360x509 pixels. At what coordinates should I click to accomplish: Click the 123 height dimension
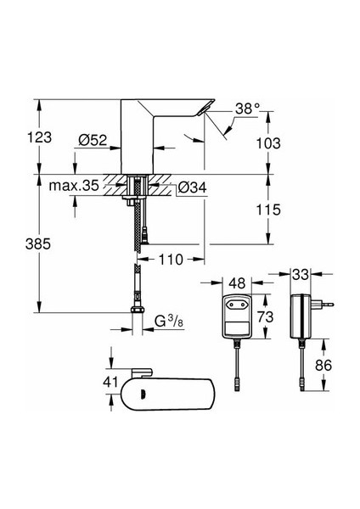pyautogui.click(x=39, y=137)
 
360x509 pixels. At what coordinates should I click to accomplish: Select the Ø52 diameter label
pyautogui.click(x=93, y=140)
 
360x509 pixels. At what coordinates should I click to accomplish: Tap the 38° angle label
pyautogui.click(x=248, y=109)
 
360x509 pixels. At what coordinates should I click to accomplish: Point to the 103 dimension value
pyautogui.click(x=268, y=143)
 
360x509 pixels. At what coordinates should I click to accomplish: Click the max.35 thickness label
pyautogui.click(x=74, y=186)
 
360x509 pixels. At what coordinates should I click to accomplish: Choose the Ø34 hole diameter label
pyautogui.click(x=193, y=187)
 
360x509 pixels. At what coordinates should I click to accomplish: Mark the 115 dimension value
pyautogui.click(x=268, y=210)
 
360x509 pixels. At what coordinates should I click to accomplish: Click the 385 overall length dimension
pyautogui.click(x=38, y=243)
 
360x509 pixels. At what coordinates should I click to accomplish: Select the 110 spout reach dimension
pyautogui.click(x=171, y=260)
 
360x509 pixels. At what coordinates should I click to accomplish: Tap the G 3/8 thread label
pyautogui.click(x=169, y=322)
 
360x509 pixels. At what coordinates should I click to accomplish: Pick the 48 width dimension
pyautogui.click(x=237, y=283)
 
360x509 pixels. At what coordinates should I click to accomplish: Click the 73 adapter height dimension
pyautogui.click(x=266, y=316)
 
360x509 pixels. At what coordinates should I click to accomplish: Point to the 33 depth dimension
pyautogui.click(x=300, y=275)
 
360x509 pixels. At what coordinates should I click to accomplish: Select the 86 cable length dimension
pyautogui.click(x=323, y=365)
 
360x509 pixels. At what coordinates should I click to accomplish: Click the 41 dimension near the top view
pyautogui.click(x=110, y=382)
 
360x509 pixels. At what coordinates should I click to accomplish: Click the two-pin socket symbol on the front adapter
pyautogui.click(x=237, y=305)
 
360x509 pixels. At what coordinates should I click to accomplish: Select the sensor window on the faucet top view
pyautogui.click(x=142, y=394)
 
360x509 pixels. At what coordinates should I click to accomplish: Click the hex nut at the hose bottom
pyautogui.click(x=138, y=309)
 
